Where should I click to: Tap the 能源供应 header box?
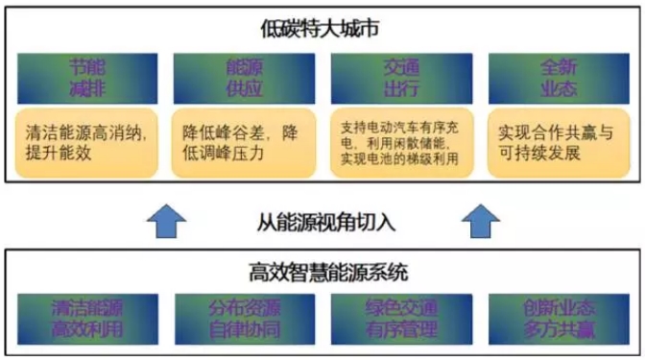pyautogui.click(x=243, y=77)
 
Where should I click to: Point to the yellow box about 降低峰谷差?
pyautogui.click(x=244, y=143)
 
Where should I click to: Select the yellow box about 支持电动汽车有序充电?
pyautogui.click(x=400, y=143)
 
